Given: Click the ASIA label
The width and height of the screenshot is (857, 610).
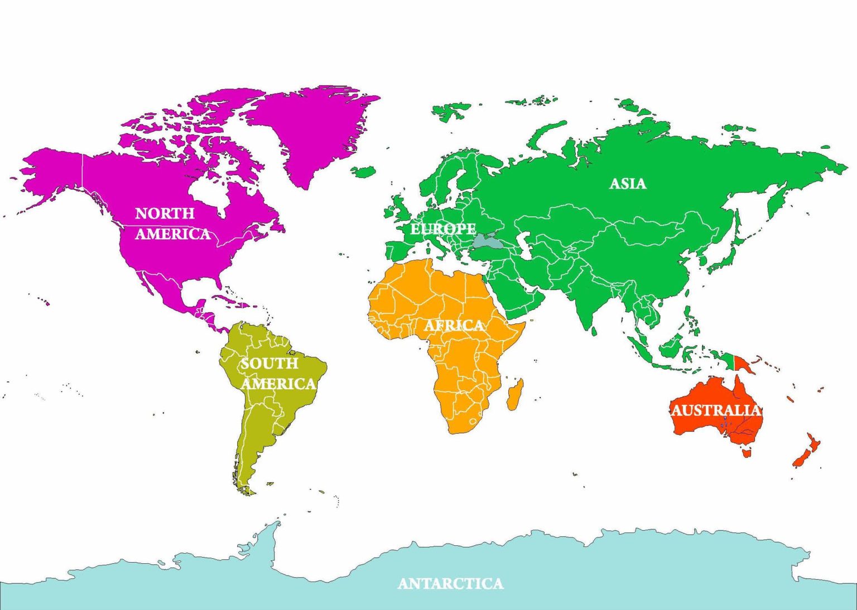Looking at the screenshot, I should click(628, 183).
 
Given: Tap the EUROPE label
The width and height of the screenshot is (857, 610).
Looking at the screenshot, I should click(443, 229).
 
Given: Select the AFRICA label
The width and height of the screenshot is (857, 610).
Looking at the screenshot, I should click(454, 325).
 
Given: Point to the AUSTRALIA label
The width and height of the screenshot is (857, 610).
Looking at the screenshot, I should click(716, 410).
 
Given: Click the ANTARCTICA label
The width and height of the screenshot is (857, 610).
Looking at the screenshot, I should click(450, 583).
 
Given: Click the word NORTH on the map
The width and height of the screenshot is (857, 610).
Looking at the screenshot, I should click(165, 213).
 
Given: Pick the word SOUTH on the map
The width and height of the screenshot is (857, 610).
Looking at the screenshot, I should click(269, 364).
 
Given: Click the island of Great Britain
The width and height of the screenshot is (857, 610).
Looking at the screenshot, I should click(401, 209).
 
